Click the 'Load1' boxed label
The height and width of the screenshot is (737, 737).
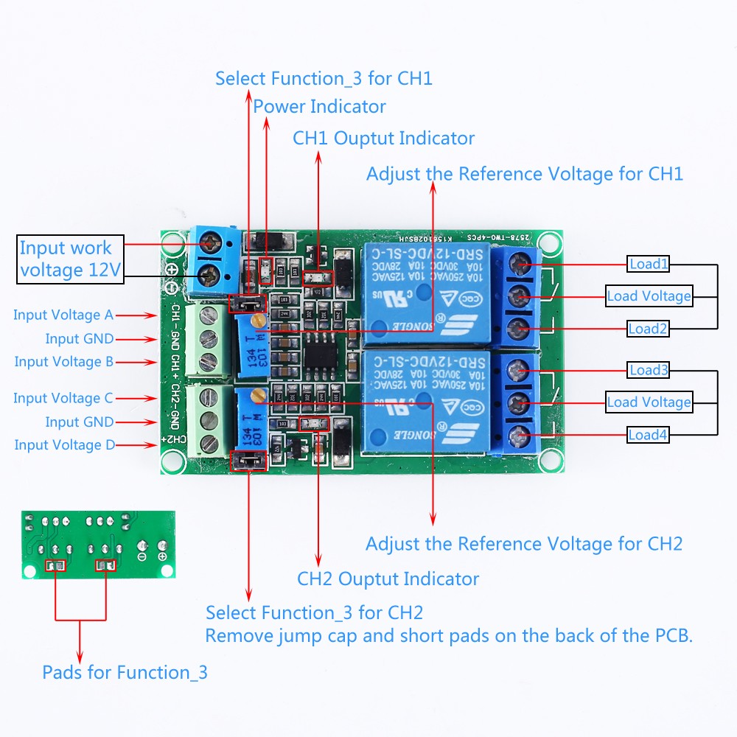pyautogui.click(x=649, y=264)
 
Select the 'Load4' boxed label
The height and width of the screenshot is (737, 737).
pyautogui.click(x=649, y=435)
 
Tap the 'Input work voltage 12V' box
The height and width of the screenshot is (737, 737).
pyautogui.click(x=70, y=259)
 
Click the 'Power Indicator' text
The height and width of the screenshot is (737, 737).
pyautogui.click(x=319, y=107)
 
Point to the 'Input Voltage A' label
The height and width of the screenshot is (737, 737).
pyautogui.click(x=63, y=315)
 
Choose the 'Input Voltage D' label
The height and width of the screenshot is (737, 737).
pyautogui.click(x=64, y=445)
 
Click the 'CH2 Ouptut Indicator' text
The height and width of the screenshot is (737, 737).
pyautogui.click(x=388, y=579)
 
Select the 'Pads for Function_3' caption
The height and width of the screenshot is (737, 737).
pyautogui.click(x=125, y=672)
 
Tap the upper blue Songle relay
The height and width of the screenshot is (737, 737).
pyautogui.click(x=425, y=293)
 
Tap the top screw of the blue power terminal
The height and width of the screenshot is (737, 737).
pyautogui.click(x=214, y=241)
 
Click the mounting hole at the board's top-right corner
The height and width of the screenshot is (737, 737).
pyautogui.click(x=548, y=242)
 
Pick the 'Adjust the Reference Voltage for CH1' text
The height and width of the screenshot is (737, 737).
pyautogui.click(x=525, y=174)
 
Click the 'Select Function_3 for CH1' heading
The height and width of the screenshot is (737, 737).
pyautogui.click(x=324, y=78)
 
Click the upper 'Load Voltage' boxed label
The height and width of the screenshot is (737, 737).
pyautogui.click(x=649, y=296)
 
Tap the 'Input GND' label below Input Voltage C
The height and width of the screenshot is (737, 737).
pyautogui.click(x=79, y=422)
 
